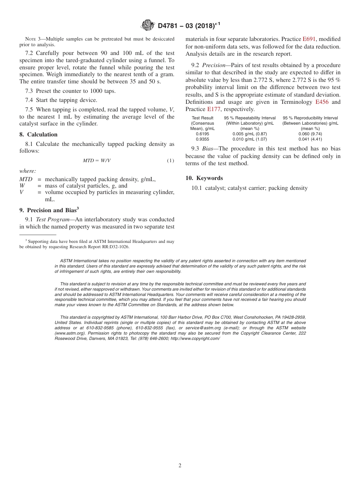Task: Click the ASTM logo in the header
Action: [x=147, y=25]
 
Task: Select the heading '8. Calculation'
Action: [x=38, y=135]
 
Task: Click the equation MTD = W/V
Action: [x=97, y=161]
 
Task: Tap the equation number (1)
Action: [x=171, y=161]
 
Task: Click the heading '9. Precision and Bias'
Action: [x=49, y=210]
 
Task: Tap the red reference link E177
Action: [x=213, y=109]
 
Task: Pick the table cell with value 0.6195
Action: [x=202, y=134]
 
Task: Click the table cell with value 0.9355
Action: [x=202, y=139]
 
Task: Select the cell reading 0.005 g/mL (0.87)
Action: [x=250, y=134]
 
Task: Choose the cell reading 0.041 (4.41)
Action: [x=310, y=139]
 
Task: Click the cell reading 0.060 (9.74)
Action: [x=310, y=134]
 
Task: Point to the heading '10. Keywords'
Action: [x=204, y=178]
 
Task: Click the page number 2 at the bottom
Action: [x=180, y=466]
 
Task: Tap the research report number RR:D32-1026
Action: [x=114, y=247]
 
